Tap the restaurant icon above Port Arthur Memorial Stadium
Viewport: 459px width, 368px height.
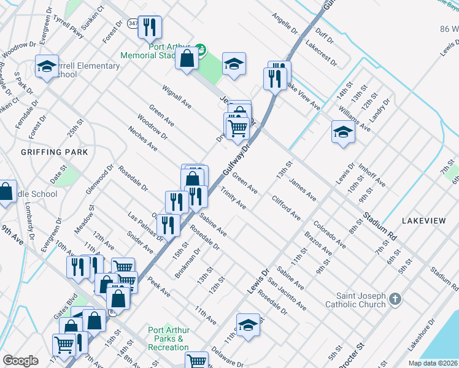coord(150,27)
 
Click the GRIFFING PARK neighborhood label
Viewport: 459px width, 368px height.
coord(55,151)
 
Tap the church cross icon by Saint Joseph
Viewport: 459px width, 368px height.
coord(396,299)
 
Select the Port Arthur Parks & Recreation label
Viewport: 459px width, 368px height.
coord(168,339)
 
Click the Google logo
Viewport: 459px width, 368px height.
coord(20,361)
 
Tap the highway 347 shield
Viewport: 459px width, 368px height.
coord(133,23)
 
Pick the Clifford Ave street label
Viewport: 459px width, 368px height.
coord(287,208)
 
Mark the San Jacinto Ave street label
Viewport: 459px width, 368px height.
coord(287,294)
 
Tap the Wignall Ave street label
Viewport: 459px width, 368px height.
coord(177,97)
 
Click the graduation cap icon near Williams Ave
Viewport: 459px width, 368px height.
coord(343,131)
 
